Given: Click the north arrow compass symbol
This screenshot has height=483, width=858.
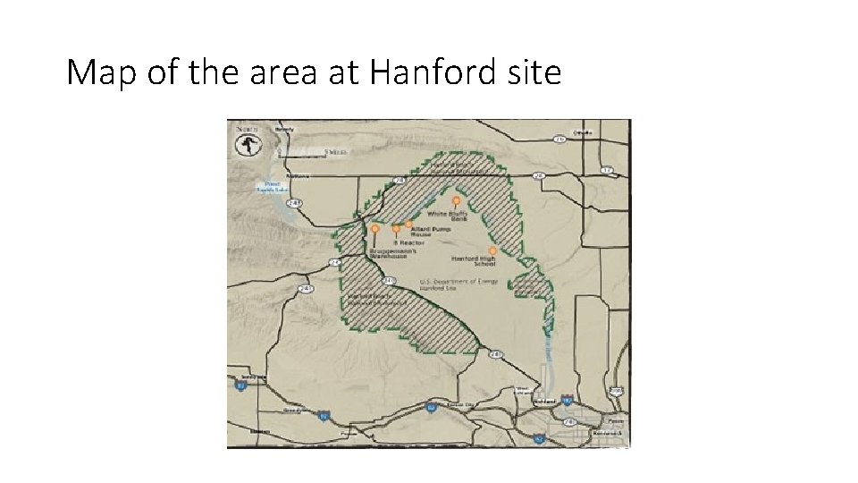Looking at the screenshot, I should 244,143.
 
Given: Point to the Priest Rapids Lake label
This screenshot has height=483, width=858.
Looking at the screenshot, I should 270,186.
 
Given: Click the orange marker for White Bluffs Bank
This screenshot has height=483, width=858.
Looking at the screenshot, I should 456,200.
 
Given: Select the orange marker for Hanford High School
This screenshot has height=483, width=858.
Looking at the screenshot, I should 492,250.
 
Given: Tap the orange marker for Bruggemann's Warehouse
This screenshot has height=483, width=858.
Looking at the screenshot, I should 375,229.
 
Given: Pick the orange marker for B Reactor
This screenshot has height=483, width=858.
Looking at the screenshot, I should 396,229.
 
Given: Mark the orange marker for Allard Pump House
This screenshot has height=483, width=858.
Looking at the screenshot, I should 409,225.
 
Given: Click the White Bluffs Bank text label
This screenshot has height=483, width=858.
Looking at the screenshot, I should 447,216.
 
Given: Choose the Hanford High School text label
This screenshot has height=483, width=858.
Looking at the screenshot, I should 474,261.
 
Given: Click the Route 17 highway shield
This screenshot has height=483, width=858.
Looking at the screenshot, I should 606,169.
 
